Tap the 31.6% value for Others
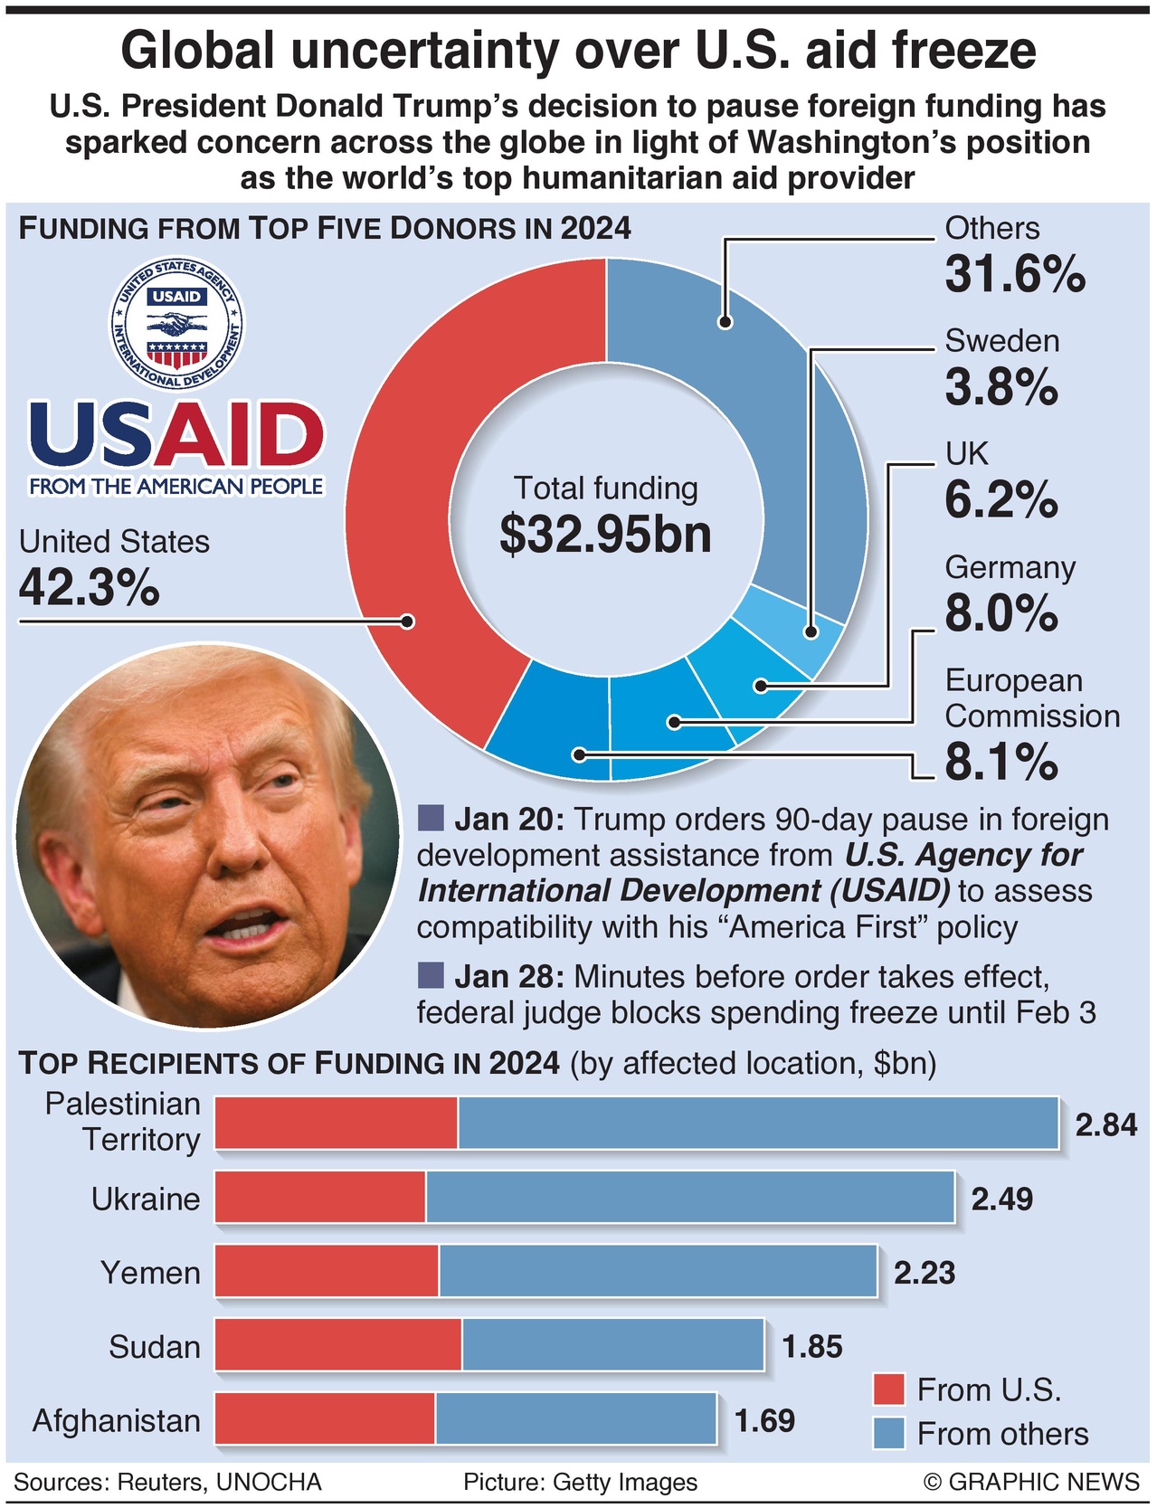(x=1014, y=273)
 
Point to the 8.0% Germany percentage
(x=1001, y=613)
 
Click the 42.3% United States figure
(x=89, y=588)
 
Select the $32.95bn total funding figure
(x=605, y=535)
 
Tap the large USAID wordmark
(x=177, y=434)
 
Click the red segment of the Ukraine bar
(x=320, y=1198)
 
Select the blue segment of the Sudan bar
(x=612, y=1345)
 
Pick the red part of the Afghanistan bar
(x=325, y=1418)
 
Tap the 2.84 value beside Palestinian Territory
(x=1105, y=1124)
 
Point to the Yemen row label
(x=150, y=1273)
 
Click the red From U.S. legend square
(x=889, y=1389)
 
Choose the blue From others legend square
(x=889, y=1434)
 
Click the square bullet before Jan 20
(x=431, y=819)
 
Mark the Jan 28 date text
(x=508, y=977)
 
